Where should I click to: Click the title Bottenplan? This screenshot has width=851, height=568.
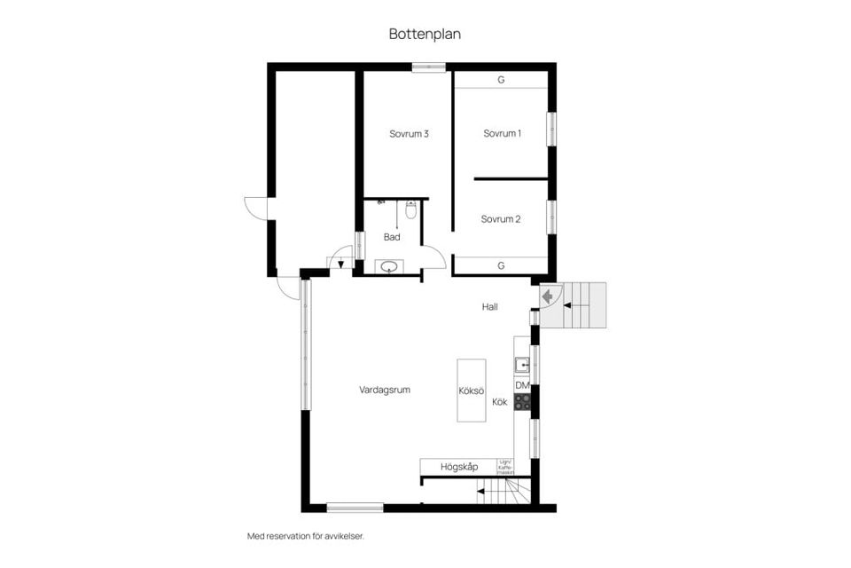pyautogui.click(x=425, y=34)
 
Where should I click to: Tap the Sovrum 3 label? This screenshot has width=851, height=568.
pyautogui.click(x=409, y=134)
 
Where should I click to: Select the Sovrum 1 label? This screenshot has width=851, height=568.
pyautogui.click(x=502, y=134)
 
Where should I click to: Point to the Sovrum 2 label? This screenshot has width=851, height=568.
pyautogui.click(x=501, y=219)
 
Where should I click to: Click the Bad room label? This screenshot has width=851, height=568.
pyautogui.click(x=392, y=237)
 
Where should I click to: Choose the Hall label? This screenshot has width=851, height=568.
pyautogui.click(x=489, y=307)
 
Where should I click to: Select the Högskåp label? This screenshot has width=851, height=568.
pyautogui.click(x=460, y=467)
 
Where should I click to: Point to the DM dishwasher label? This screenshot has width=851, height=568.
pyautogui.click(x=522, y=385)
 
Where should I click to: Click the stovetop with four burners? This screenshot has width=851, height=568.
pyautogui.click(x=522, y=401)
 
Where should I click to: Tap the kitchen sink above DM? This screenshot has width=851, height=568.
pyautogui.click(x=522, y=363)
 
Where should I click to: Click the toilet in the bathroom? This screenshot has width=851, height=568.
pyautogui.click(x=410, y=210)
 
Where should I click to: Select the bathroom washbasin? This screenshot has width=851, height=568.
pyautogui.click(x=389, y=265)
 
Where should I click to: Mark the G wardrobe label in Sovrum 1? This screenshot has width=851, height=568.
pyautogui.click(x=501, y=80)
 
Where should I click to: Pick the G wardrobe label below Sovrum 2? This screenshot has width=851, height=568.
pyautogui.click(x=501, y=265)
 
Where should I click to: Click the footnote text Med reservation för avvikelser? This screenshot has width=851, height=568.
pyautogui.click(x=305, y=536)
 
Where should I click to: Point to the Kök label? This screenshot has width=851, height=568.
pyautogui.click(x=500, y=402)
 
